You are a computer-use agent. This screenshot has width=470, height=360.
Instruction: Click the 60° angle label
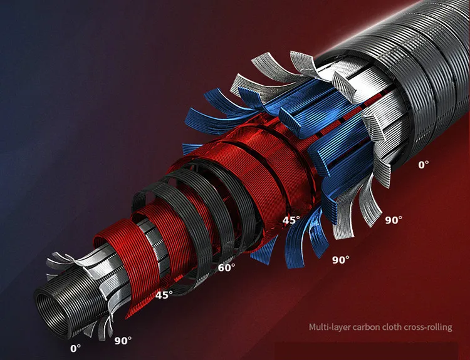pyautogui.click(x=226, y=267)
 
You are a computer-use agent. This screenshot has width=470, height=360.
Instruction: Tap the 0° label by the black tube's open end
pyautogui.click(x=76, y=348)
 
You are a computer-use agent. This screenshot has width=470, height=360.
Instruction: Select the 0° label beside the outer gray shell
pyautogui.click(x=424, y=165)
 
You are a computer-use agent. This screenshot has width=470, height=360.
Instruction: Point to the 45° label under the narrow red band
pyautogui.click(x=164, y=295)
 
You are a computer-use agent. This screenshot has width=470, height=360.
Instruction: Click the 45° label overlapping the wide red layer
pyautogui.click(x=291, y=220)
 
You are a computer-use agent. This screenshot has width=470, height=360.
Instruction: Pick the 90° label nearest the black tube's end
pyautogui.click(x=123, y=341)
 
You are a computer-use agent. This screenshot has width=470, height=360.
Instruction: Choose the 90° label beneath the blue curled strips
pyautogui.click(x=340, y=260)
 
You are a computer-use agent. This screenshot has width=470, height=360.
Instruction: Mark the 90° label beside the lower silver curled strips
pyautogui.click(x=394, y=220)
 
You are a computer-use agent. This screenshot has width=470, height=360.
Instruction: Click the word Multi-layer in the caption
pyautogui.click(x=330, y=327)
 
